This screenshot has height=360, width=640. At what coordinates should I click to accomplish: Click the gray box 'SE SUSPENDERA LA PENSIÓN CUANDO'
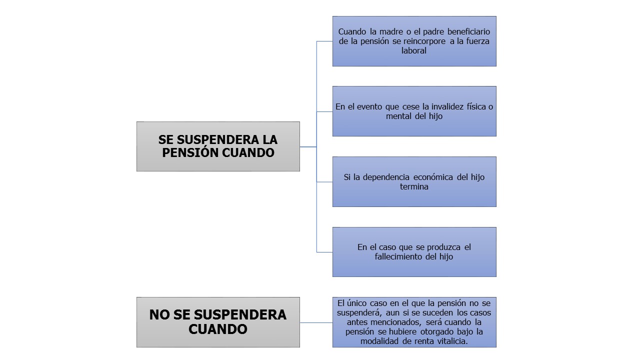tap(218, 146)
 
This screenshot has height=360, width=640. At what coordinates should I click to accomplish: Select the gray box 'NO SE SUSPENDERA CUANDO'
tap(218, 322)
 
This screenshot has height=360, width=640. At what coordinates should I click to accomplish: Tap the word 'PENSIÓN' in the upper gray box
tap(190, 152)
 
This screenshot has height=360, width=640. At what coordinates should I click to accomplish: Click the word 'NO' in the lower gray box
tap(159, 315)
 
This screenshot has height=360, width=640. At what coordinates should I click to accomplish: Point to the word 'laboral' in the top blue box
tap(413, 50)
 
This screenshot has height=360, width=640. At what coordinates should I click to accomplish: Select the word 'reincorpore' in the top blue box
tap(424, 41)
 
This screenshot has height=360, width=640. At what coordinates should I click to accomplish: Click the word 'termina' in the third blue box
tap(414, 186)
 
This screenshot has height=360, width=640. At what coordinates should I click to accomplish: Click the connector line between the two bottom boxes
tap(316, 322)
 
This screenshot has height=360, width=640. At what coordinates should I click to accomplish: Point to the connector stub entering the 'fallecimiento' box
tap(324, 252)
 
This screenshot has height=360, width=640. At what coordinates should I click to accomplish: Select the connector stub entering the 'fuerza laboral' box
tap(324, 41)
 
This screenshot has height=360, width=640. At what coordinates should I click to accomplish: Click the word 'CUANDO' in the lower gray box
tap(218, 329)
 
